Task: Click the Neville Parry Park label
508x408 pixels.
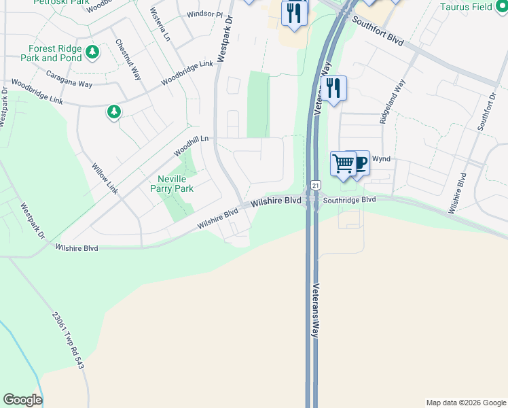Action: [171, 184]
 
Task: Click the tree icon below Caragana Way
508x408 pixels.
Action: [114, 112]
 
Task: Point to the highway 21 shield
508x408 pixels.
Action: [315, 185]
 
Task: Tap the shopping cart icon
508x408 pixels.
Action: [343, 164]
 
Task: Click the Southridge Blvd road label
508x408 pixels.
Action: [349, 200]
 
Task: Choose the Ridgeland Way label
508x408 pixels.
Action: [392, 101]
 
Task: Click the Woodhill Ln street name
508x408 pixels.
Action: [194, 143]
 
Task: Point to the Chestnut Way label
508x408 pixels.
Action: [128, 60]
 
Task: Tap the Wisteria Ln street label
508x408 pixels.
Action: [161, 21]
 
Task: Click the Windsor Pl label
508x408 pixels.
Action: [204, 14]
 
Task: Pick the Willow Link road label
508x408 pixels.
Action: [105, 178]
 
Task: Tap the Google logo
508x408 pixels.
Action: [22, 400]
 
